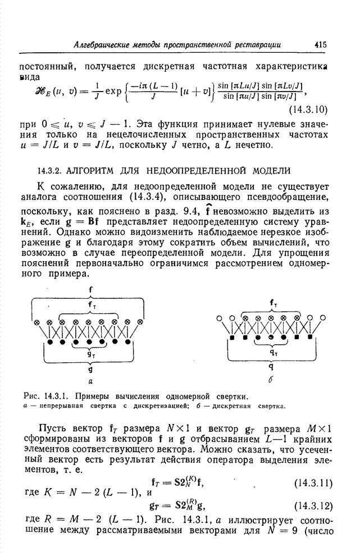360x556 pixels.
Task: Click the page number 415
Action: [x=321, y=44]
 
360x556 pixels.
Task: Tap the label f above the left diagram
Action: [x=90, y=290]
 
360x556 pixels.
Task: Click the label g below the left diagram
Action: [x=90, y=370]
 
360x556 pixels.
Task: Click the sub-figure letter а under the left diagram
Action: [x=90, y=380]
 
